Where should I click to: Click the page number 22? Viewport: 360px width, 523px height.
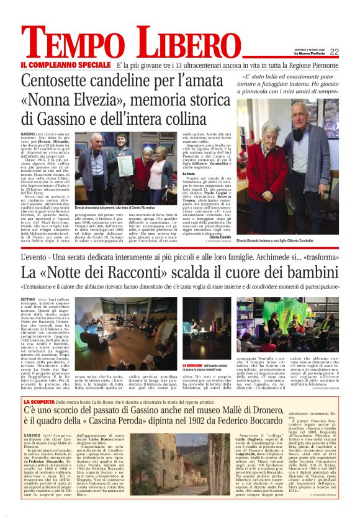pyautogui.click(x=334, y=52)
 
